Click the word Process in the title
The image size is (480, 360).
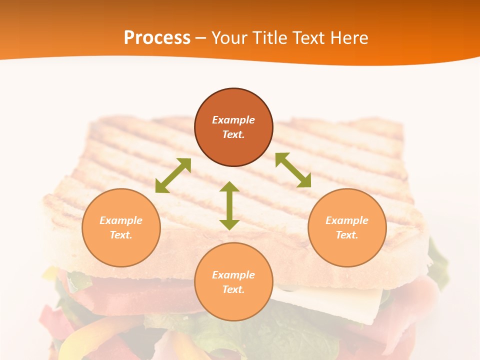[x=157, y=38]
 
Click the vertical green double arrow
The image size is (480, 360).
[x=229, y=205]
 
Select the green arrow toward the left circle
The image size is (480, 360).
[x=173, y=175]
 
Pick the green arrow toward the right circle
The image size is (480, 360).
[x=293, y=170]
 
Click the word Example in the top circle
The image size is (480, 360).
[x=233, y=120]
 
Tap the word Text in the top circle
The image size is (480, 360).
[x=233, y=134]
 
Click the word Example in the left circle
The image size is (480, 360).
[x=121, y=220]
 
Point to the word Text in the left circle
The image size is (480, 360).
[x=121, y=235]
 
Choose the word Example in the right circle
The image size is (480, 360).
[x=347, y=220]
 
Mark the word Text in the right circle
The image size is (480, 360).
[x=347, y=235]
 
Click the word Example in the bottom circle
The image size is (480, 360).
[x=233, y=275]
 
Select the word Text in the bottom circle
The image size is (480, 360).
[x=233, y=289]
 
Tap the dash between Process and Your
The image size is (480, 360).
[x=201, y=38]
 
